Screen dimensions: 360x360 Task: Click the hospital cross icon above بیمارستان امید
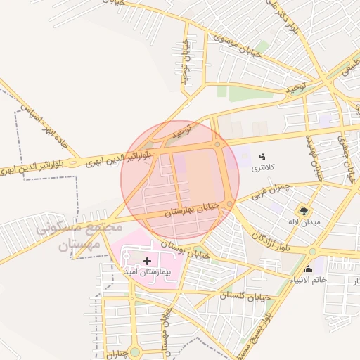click(x=147, y=262)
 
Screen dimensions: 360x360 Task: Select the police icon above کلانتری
click(x=262, y=156)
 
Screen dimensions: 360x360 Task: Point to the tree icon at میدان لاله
click(x=304, y=210)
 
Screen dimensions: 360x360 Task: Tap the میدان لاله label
click(x=305, y=223)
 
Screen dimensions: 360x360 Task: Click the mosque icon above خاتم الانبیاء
click(x=308, y=269)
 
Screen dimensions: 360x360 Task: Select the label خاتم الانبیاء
click(x=308, y=281)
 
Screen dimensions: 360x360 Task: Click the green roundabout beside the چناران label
click(x=134, y=351)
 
